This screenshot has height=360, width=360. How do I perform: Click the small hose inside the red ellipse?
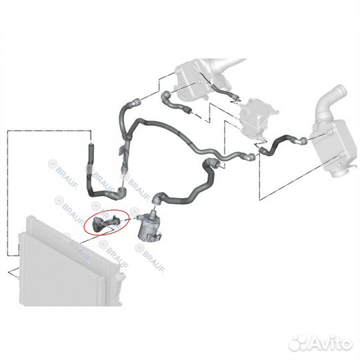[x=105, y=223]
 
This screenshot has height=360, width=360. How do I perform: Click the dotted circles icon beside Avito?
[x=298, y=343]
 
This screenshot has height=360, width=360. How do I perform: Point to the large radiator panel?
[x=69, y=262]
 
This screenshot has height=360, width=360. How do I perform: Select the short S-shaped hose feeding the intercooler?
[x=283, y=144]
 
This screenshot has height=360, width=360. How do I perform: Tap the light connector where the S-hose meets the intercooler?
[x=303, y=141]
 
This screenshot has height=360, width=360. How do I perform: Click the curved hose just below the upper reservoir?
[x=176, y=103]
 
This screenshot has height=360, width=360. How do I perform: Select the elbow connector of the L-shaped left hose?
[x=122, y=193]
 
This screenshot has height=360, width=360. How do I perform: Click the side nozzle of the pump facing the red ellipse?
[x=139, y=217]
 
